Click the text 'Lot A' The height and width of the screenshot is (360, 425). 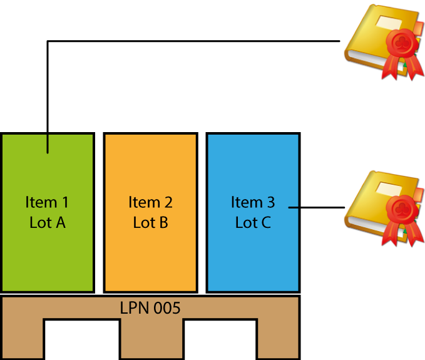pyautogui.click(x=48, y=222)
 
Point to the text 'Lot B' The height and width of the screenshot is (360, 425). pyautogui.click(x=150, y=222)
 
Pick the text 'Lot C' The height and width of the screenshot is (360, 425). pyautogui.click(x=253, y=222)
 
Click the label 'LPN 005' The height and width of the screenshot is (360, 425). pyautogui.click(x=150, y=308)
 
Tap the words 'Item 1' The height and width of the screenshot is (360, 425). pyautogui.click(x=48, y=202)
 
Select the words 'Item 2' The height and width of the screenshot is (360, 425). pyautogui.click(x=150, y=202)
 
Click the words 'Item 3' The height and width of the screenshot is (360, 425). pyautogui.click(x=253, y=202)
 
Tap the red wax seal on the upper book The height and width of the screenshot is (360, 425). pyautogui.click(x=398, y=44)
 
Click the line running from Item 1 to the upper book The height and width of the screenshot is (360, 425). pyautogui.click(x=188, y=41)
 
